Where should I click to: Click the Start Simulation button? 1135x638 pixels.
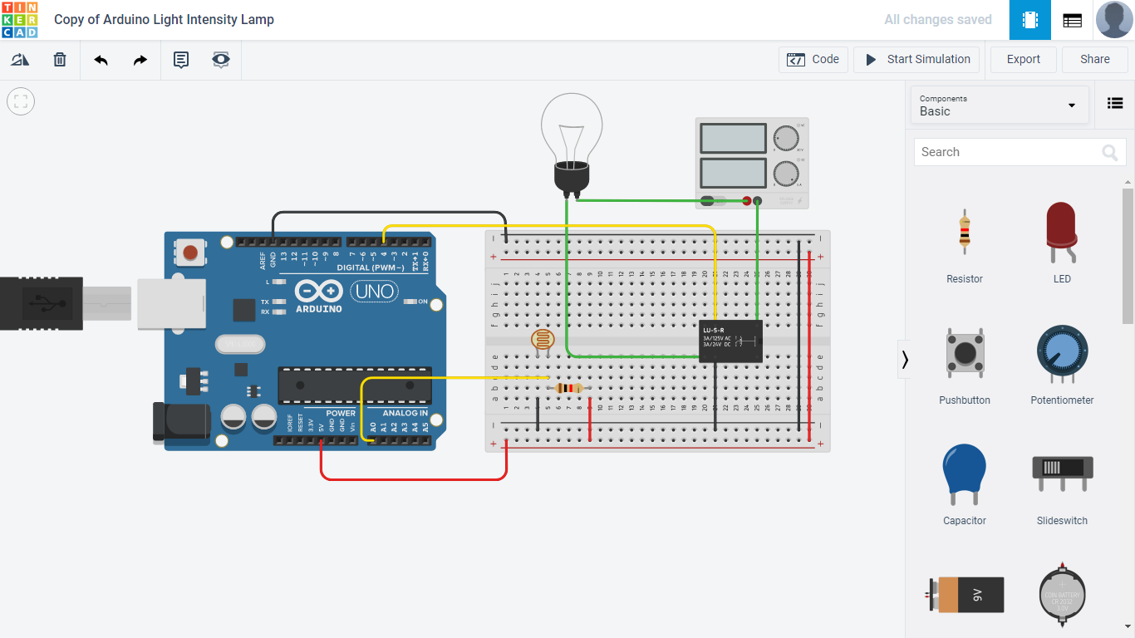[916, 60]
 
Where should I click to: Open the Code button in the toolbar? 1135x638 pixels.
[813, 60]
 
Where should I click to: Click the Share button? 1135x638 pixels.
[1094, 60]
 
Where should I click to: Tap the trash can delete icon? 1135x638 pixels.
[60, 60]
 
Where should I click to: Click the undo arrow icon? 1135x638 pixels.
[101, 60]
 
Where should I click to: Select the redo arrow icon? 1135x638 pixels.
[140, 60]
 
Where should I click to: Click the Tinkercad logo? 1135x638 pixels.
[20, 20]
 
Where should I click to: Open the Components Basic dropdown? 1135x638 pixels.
[999, 106]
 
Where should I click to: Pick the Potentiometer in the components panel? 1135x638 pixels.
[1062, 355]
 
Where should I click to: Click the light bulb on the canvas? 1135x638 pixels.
[572, 137]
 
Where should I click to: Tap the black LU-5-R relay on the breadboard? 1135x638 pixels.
[730, 341]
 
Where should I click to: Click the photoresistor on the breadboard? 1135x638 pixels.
[541, 339]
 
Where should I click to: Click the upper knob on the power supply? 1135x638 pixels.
[785, 138]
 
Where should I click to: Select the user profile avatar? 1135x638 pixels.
[1114, 20]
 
